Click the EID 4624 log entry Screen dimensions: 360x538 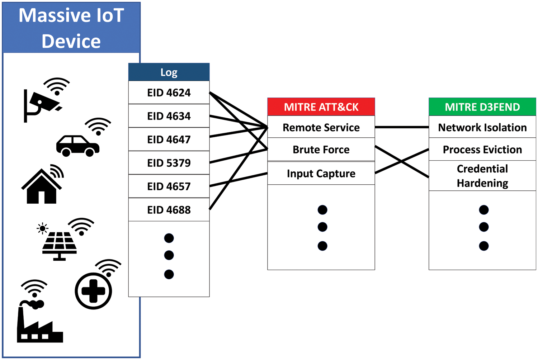point(169,93)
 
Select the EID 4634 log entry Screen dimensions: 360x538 point(169,116)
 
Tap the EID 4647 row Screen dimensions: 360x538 point(169,139)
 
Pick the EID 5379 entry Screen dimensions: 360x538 point(169,163)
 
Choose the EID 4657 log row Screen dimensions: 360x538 point(169,186)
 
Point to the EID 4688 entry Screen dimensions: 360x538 point(169,210)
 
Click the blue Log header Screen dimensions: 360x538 point(169,72)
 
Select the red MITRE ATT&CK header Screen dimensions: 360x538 point(321,107)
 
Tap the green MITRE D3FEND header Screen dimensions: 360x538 point(482,107)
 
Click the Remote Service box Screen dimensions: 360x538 point(321,127)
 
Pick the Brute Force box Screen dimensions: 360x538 point(321,150)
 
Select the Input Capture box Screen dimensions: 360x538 point(321,174)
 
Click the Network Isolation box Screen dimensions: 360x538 point(482,127)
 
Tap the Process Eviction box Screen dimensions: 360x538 point(482,150)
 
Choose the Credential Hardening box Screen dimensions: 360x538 point(482,176)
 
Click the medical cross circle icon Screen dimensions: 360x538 point(93,291)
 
